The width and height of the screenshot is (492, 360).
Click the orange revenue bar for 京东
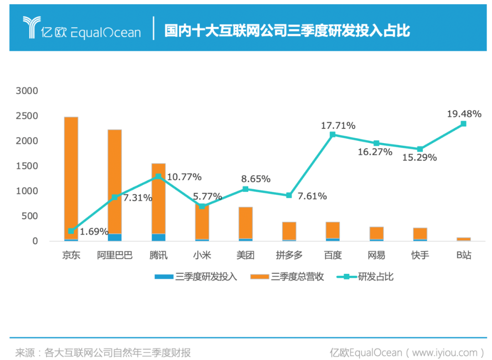71,173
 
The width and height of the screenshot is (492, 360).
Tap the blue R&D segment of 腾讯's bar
158,237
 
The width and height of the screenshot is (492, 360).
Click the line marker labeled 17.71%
333,134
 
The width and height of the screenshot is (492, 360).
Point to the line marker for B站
463,123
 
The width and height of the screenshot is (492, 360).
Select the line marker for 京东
71,231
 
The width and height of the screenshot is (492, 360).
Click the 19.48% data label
464,114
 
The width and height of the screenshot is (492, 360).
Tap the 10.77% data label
184,177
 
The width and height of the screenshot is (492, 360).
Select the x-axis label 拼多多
289,255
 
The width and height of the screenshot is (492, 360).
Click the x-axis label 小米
202,255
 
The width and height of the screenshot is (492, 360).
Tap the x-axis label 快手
420,255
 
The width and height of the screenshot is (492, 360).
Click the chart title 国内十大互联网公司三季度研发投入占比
287,31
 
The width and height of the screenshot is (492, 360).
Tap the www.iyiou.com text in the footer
446,352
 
